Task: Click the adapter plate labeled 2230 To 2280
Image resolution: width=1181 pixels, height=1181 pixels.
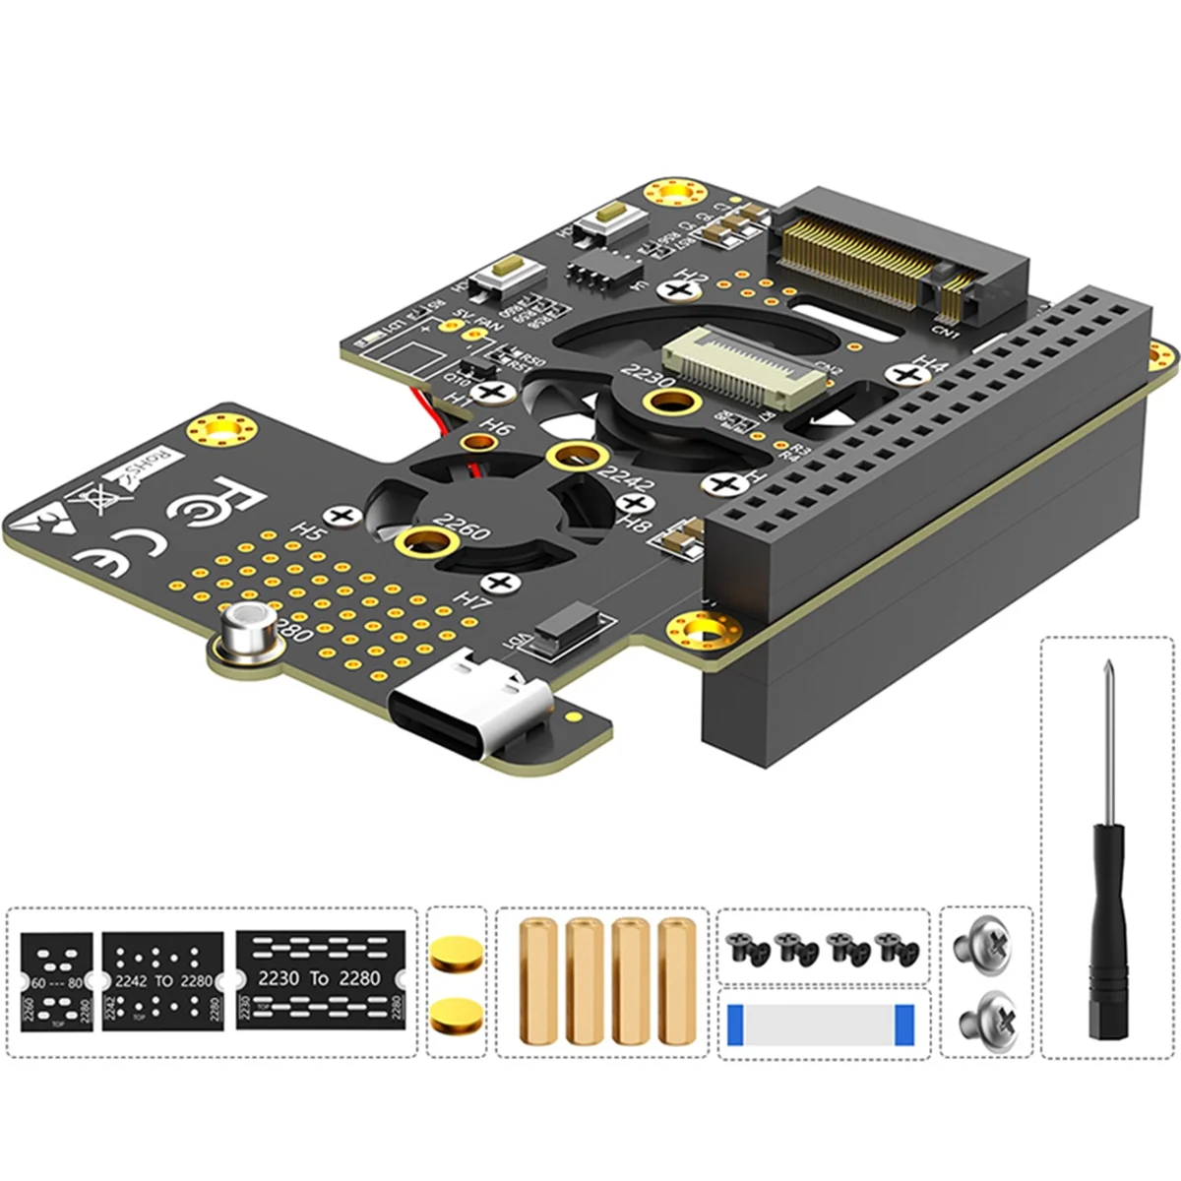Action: (320, 979)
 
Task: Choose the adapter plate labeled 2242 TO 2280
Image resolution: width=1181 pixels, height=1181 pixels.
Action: (163, 980)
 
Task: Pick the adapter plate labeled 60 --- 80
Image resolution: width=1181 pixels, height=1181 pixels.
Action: (56, 981)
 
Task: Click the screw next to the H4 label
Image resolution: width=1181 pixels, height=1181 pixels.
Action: (903, 375)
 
